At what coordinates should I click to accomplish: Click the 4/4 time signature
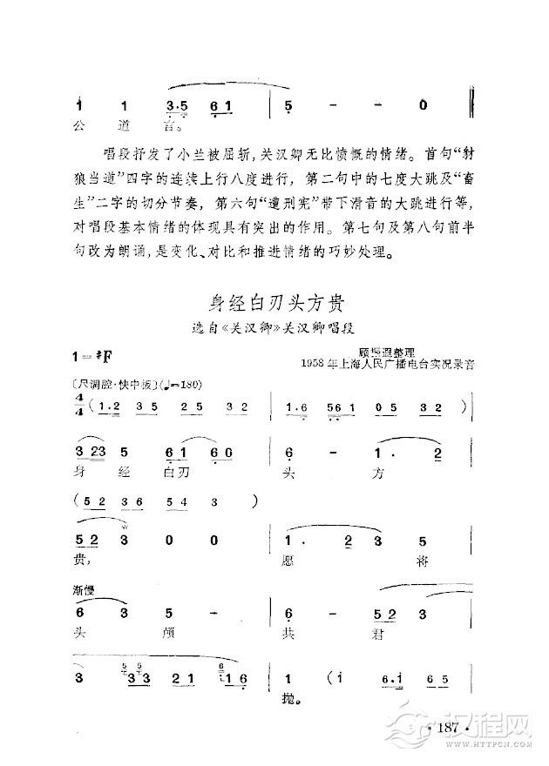tap(80, 406)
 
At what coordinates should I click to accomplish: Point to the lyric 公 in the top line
tap(80, 124)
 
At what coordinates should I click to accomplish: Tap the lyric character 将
tap(421, 561)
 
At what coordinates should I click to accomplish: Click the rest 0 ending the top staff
tap(423, 106)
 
